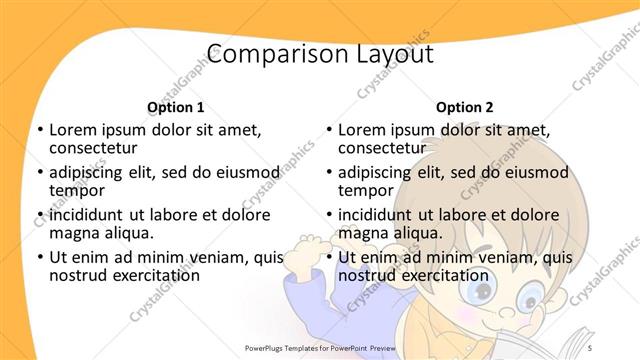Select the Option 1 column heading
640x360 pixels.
tap(176, 107)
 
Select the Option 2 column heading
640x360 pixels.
tap(464, 107)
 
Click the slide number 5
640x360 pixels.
tap(591, 348)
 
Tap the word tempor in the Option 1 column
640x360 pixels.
tap(77, 191)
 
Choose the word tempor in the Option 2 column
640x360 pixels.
tap(365, 191)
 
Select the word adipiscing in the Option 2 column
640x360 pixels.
tap(375, 172)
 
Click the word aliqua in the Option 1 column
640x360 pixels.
tap(128, 233)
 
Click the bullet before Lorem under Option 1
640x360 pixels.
tap(39, 130)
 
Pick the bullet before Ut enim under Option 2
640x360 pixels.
tap(328, 257)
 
